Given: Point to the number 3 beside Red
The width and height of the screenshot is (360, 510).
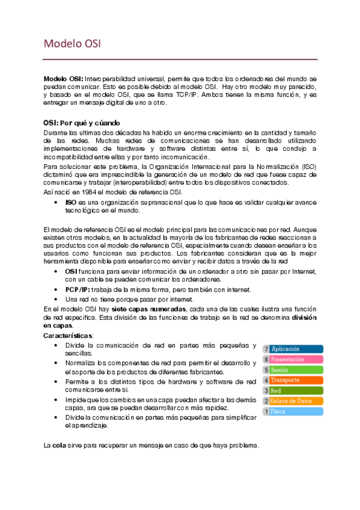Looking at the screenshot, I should click(266, 391).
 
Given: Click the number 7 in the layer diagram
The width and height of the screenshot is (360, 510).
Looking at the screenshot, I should click(266, 349).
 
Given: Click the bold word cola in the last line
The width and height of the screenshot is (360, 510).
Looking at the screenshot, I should click(59, 446).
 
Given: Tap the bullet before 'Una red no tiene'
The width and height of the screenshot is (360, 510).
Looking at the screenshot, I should click(56, 299).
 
